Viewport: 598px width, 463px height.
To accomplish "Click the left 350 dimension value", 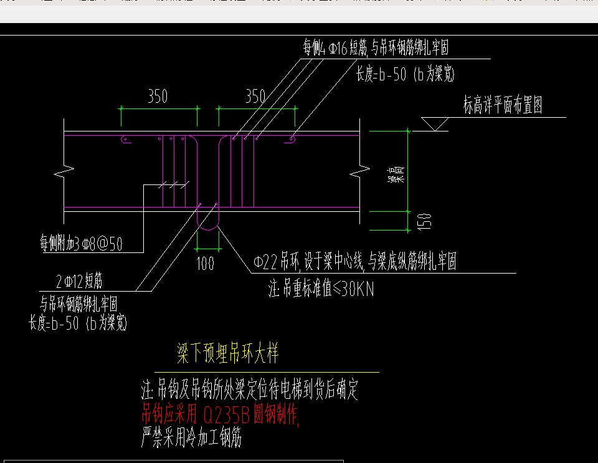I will [x=157, y=96].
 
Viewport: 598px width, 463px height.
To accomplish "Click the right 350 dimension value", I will [x=255, y=96].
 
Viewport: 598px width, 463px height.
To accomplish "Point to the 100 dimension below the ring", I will [x=206, y=263].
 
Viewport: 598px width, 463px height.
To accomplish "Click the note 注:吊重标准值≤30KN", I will [x=321, y=289].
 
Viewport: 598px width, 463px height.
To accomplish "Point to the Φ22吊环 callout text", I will [x=355, y=262].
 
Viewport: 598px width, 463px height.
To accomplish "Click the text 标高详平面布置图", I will [x=503, y=105].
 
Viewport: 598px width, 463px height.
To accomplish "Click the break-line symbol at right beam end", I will [x=357, y=170].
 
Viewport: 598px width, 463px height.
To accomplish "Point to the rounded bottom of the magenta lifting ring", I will [x=208, y=227].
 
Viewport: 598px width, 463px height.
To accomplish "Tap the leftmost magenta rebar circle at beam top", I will [x=124, y=140].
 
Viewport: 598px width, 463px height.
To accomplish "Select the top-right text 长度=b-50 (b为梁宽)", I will [x=405, y=75].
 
